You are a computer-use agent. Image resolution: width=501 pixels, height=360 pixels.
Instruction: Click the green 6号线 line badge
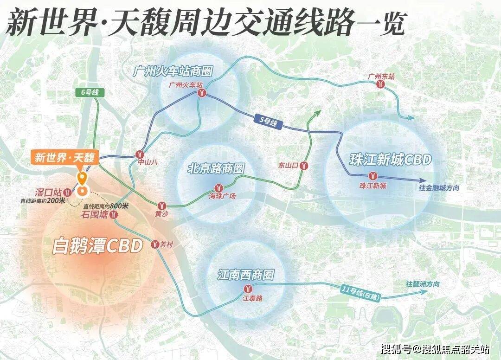click(x=87, y=93)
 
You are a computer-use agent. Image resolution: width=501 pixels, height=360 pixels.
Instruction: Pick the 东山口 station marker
click(x=304, y=165)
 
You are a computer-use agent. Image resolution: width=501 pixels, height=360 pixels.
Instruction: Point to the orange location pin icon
click(x=82, y=178)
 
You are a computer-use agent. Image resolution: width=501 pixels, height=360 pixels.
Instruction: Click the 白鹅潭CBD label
click(x=97, y=246)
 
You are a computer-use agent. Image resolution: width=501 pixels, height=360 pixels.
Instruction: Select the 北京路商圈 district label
click(x=216, y=168)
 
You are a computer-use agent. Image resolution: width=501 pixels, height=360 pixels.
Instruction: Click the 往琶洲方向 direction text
click(x=423, y=284)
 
